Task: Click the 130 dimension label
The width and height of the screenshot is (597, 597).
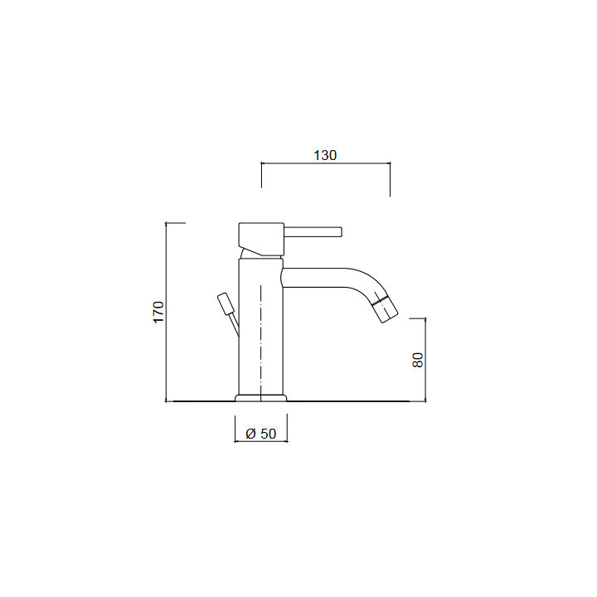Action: tap(325, 155)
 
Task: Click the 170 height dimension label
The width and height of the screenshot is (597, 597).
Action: tap(158, 312)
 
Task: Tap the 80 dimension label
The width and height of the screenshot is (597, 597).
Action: tap(418, 360)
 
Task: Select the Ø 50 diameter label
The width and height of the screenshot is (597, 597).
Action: tap(261, 434)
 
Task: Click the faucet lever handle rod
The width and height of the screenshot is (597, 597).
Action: tap(313, 232)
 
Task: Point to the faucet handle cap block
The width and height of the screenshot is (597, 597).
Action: tap(261, 239)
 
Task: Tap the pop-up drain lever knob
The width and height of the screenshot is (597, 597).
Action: tap(224, 303)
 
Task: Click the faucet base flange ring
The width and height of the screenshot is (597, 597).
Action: tap(261, 398)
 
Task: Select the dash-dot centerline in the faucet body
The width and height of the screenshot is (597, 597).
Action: tap(261, 342)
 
